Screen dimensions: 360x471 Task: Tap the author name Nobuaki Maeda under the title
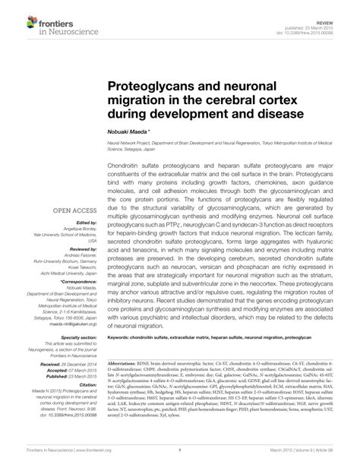(x=130, y=131)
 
